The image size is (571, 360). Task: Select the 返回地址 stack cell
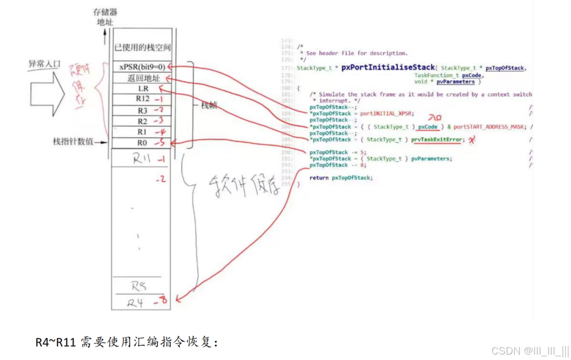(140, 78)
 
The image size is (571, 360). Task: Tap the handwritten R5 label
(139, 286)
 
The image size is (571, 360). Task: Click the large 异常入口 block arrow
(49, 87)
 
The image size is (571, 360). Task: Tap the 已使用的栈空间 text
(142, 48)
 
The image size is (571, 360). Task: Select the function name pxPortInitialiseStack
(388, 67)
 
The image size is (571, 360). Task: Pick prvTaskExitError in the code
(438, 139)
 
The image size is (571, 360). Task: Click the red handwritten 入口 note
(435, 118)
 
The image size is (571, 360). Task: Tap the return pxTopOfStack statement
(341, 178)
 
